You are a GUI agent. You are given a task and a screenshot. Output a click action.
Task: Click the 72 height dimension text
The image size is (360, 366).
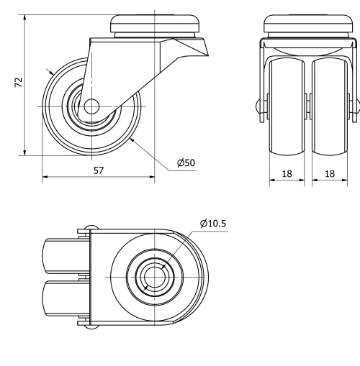(19, 83)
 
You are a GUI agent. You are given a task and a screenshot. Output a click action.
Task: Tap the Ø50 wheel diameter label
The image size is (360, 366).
(186, 163)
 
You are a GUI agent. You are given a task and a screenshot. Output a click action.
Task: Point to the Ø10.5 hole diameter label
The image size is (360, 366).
(214, 223)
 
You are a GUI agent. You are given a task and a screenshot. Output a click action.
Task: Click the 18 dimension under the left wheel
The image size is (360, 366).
(287, 174)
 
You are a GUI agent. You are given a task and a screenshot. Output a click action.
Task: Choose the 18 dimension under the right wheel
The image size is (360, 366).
(331, 174)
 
